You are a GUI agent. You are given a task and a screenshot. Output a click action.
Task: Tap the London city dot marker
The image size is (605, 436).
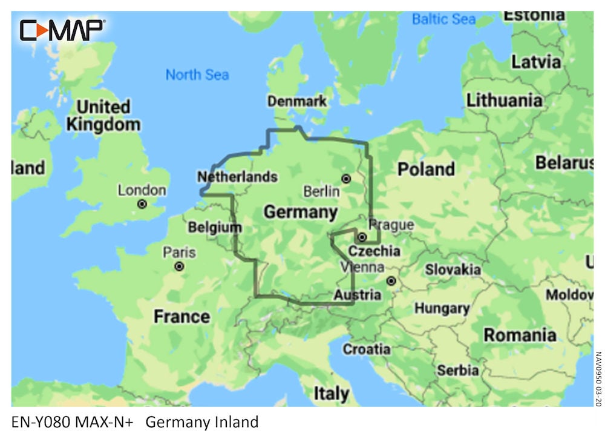pyautogui.click(x=142, y=204)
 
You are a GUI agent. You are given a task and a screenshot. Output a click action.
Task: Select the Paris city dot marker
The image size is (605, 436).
pyautogui.click(x=179, y=266)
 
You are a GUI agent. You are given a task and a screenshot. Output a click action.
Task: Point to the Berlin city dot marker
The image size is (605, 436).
pyautogui.click(x=346, y=179)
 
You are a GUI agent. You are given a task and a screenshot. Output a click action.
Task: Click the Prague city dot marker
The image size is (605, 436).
pyautogui.click(x=362, y=237)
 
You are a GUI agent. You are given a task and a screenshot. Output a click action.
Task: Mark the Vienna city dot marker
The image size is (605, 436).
pyautogui.click(x=391, y=281)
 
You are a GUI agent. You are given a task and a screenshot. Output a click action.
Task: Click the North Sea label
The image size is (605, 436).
pyautogui.click(x=197, y=75)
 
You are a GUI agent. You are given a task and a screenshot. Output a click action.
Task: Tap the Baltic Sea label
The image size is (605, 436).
pyautogui.click(x=443, y=19)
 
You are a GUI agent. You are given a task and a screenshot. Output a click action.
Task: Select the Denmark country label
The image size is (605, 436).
pyautogui.click(x=297, y=102)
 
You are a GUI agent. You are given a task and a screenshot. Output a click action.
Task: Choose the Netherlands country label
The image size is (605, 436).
pyautogui.click(x=238, y=177)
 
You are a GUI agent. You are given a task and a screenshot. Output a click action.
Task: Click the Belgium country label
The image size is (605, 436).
pyautogui.click(x=215, y=228)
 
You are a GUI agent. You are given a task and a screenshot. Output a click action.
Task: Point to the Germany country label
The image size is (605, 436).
pyautogui.click(x=301, y=212)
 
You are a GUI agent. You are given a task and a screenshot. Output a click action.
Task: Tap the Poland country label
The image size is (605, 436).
pyautogui.click(x=426, y=169)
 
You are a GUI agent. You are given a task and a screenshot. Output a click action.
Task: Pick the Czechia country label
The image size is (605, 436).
pyautogui.click(x=374, y=251)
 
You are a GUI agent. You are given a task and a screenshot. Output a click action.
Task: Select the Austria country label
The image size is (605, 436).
pyautogui.click(x=357, y=295)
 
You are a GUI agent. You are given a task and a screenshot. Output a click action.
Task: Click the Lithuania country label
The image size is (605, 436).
pyautogui.click(x=504, y=100)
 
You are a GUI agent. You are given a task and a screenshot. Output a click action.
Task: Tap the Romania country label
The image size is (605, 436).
pyautogui.click(x=520, y=334)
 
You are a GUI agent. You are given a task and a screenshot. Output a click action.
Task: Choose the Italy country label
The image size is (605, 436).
pyautogui.click(x=331, y=394)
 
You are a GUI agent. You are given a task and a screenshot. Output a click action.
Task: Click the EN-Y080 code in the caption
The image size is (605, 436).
pyautogui.click(x=39, y=422)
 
